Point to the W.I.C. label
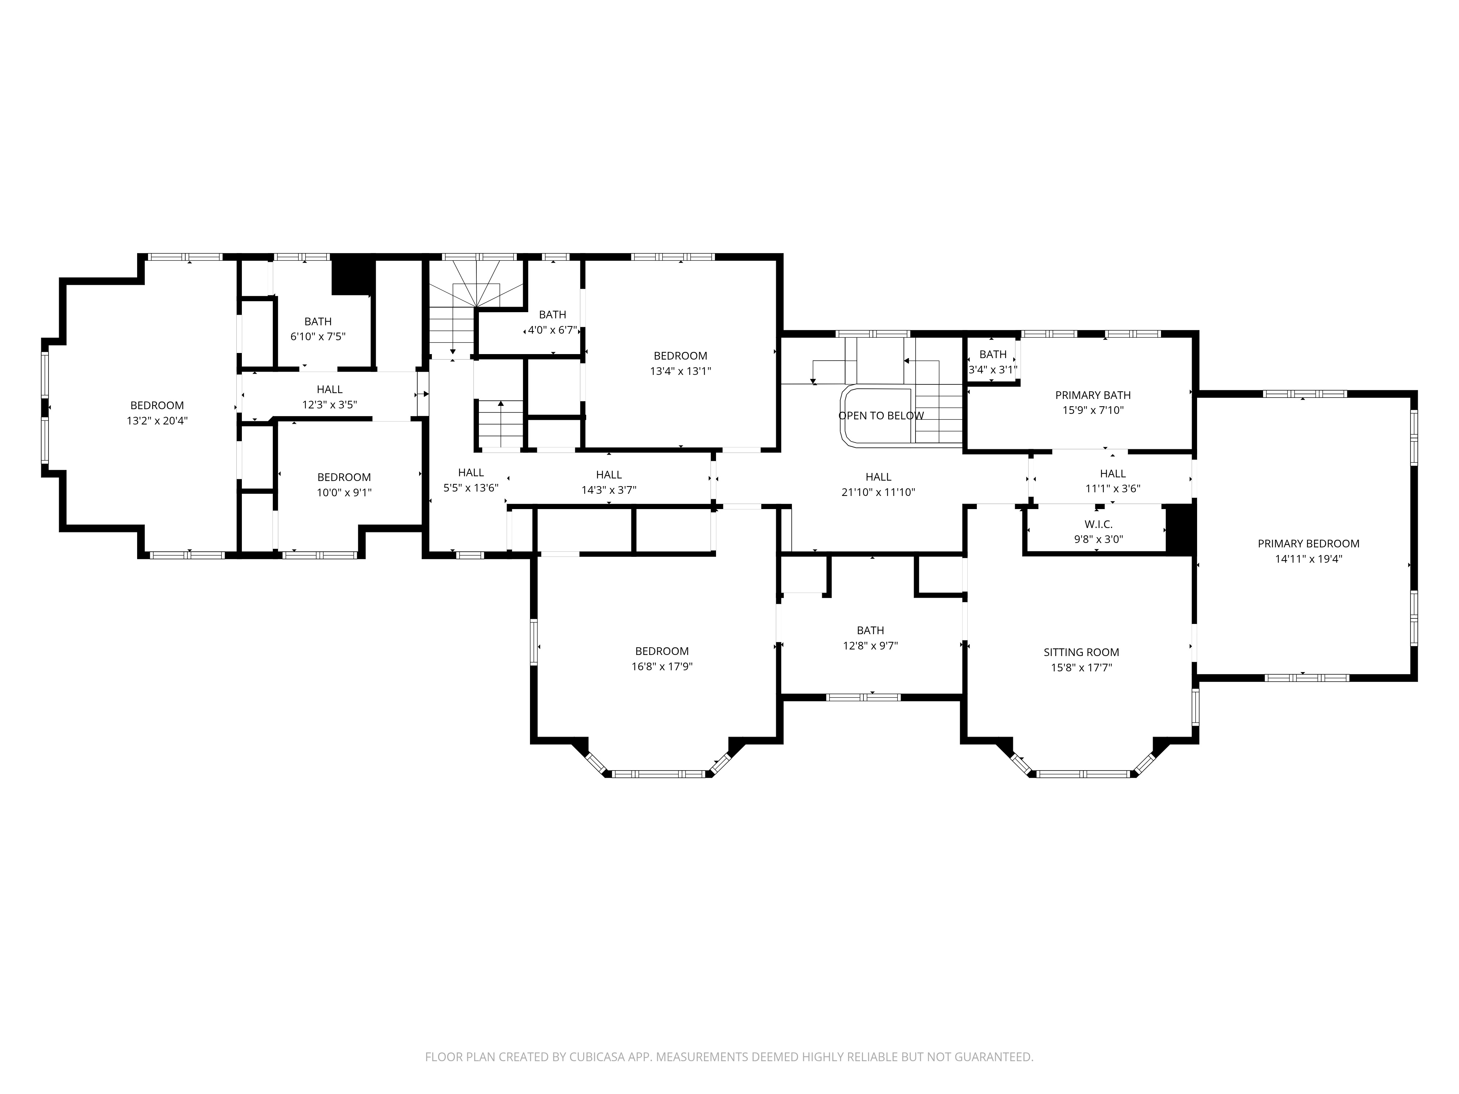(1098, 524)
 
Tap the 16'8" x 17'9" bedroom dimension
(662, 667)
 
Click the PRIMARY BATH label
(1093, 395)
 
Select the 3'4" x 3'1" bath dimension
(993, 370)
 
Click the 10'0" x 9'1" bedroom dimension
(344, 493)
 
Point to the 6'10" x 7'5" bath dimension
(318, 336)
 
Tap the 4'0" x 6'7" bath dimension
(552, 330)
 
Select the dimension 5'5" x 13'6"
(471, 488)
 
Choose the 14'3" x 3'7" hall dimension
(609, 490)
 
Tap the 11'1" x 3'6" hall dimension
(1113, 489)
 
